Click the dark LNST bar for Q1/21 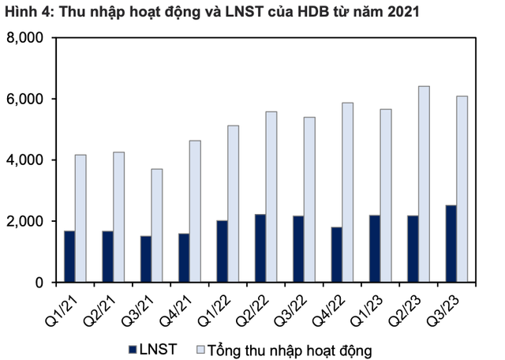[x=70, y=257]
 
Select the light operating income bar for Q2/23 [x=424, y=184]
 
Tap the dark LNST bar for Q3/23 [x=451, y=243]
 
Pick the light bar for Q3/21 [x=157, y=225]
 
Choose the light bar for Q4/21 [x=195, y=211]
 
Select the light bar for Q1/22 [x=233, y=204]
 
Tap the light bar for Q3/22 [x=309, y=199]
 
